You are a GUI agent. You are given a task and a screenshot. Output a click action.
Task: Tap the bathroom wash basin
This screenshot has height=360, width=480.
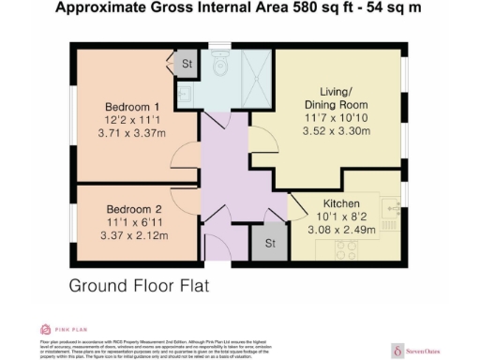[185, 95]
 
